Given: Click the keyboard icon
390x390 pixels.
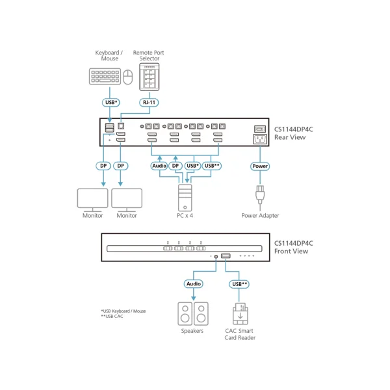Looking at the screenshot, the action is pos(105,76).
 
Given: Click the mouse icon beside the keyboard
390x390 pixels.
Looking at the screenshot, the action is pos(128,77).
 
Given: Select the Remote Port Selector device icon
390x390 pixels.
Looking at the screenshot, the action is pos(149,77).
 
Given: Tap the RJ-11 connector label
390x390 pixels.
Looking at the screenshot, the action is pos(149,103).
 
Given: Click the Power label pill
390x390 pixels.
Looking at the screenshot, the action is pos(260,166).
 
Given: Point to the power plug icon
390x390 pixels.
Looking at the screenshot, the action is pos(260,195).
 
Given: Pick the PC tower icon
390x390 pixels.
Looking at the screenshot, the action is pos(185,198).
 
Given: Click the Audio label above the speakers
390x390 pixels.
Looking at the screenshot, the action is pos(194,284).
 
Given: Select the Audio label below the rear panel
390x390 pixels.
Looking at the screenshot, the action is pos(159,166).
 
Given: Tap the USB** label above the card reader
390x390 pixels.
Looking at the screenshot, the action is pos(239,284).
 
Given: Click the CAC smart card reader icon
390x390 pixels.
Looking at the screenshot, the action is pos(240,314).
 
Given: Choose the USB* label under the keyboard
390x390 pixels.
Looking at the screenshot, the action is pos(111,103).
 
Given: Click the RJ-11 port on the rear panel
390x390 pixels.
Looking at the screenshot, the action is pos(121,126).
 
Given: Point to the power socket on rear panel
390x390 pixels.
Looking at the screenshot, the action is pos(260,139).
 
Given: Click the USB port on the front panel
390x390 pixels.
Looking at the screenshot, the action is pos(226,255).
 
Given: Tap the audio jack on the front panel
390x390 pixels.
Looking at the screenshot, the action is pos(216,257).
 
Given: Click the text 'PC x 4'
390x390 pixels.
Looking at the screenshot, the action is pos(185,216).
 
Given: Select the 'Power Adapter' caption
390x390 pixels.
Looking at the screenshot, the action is pos(260,216).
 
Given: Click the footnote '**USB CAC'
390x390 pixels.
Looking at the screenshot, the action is pos(112,317).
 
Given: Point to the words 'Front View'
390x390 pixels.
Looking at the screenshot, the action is pos(291,251).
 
